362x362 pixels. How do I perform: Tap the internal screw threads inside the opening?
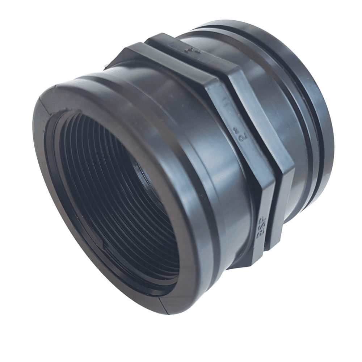90,163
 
